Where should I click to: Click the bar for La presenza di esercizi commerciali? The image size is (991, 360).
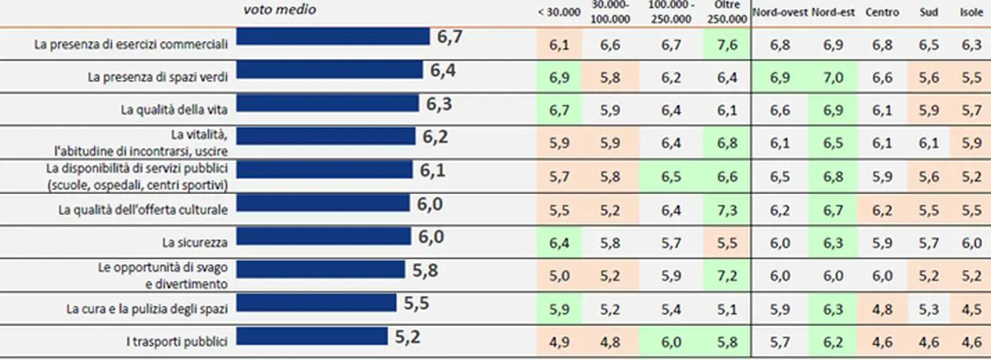(333, 37)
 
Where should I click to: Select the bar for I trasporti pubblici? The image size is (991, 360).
(311, 336)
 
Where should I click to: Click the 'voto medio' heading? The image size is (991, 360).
(279, 10)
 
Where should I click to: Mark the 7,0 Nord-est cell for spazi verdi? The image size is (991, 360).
(831, 77)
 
